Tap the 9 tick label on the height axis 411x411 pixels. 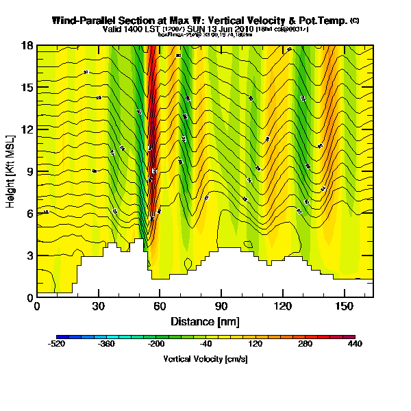click(x=31, y=171)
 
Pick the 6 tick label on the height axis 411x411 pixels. click(x=31, y=213)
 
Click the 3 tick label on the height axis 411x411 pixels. click(x=31, y=255)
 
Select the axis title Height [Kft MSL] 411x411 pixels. click(x=12, y=171)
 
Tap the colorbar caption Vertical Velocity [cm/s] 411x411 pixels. click(x=205, y=359)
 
